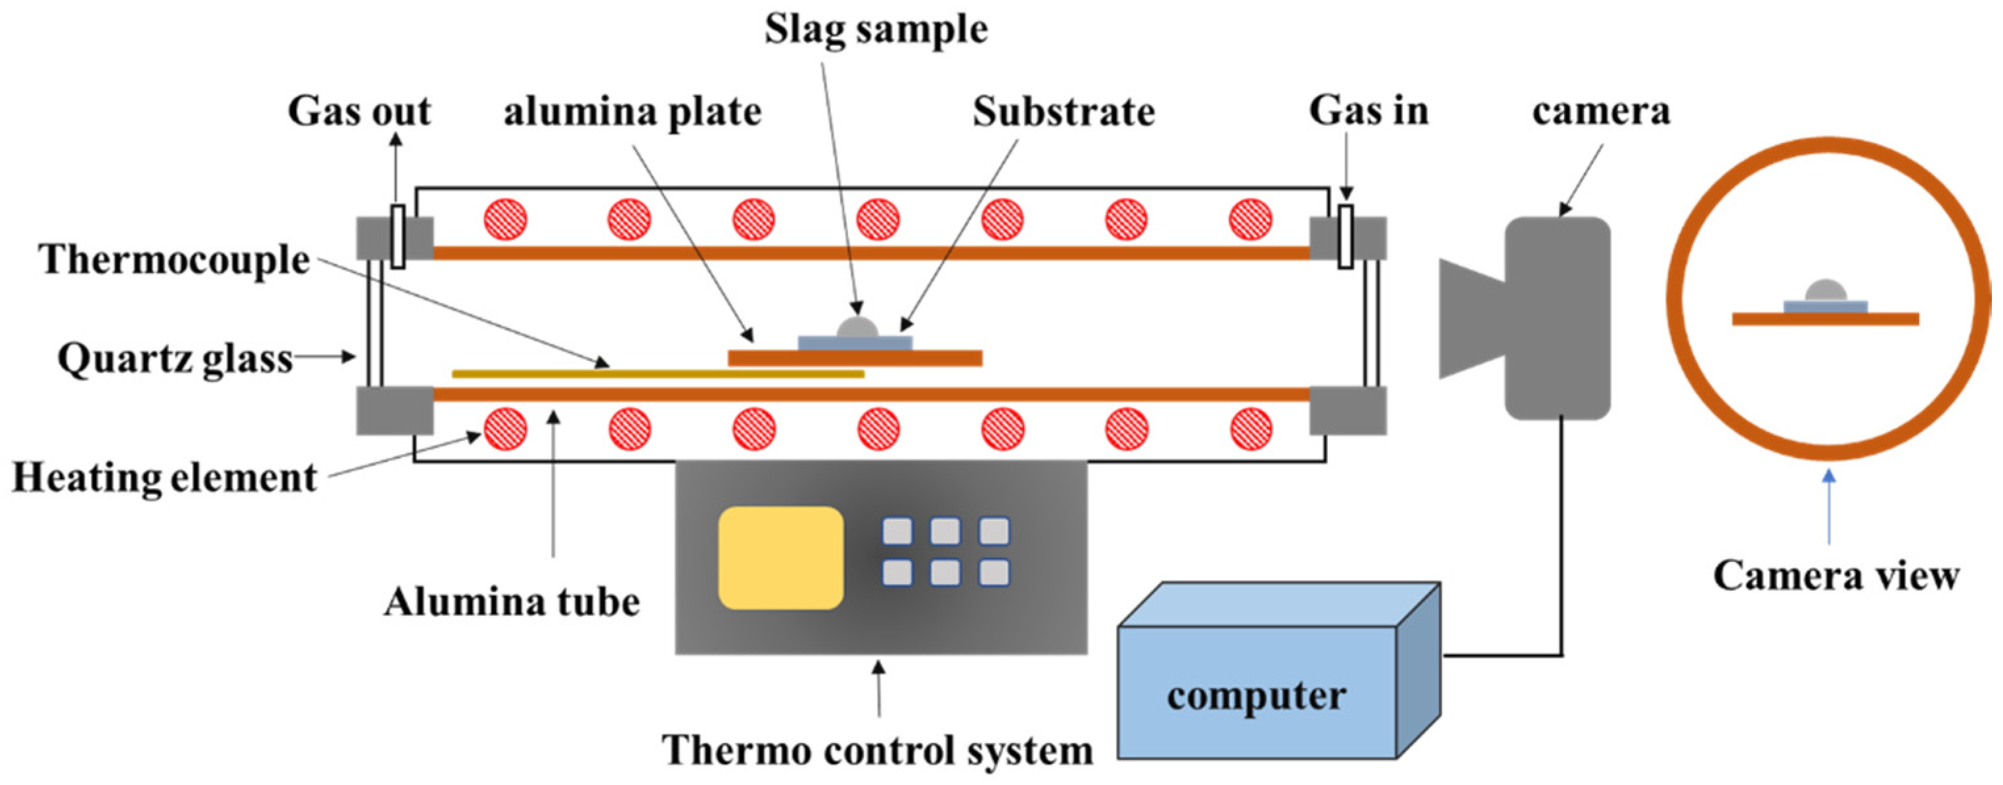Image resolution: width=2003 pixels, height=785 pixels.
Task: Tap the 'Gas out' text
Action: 359,111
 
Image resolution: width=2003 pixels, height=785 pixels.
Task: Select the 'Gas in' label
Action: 1369,110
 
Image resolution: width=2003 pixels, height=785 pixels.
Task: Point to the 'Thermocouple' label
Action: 174,260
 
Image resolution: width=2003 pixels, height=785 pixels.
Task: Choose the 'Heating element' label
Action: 165,477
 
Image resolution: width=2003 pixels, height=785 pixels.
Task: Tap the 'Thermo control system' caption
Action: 877,751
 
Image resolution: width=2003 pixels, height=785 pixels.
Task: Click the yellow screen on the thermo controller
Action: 780,558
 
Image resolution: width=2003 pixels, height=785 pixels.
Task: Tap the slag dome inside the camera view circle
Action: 1825,291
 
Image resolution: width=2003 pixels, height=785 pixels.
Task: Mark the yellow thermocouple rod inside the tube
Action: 658,374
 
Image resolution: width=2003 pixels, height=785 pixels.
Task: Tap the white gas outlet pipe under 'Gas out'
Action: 397,236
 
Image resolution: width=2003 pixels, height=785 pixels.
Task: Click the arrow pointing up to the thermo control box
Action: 880,689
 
